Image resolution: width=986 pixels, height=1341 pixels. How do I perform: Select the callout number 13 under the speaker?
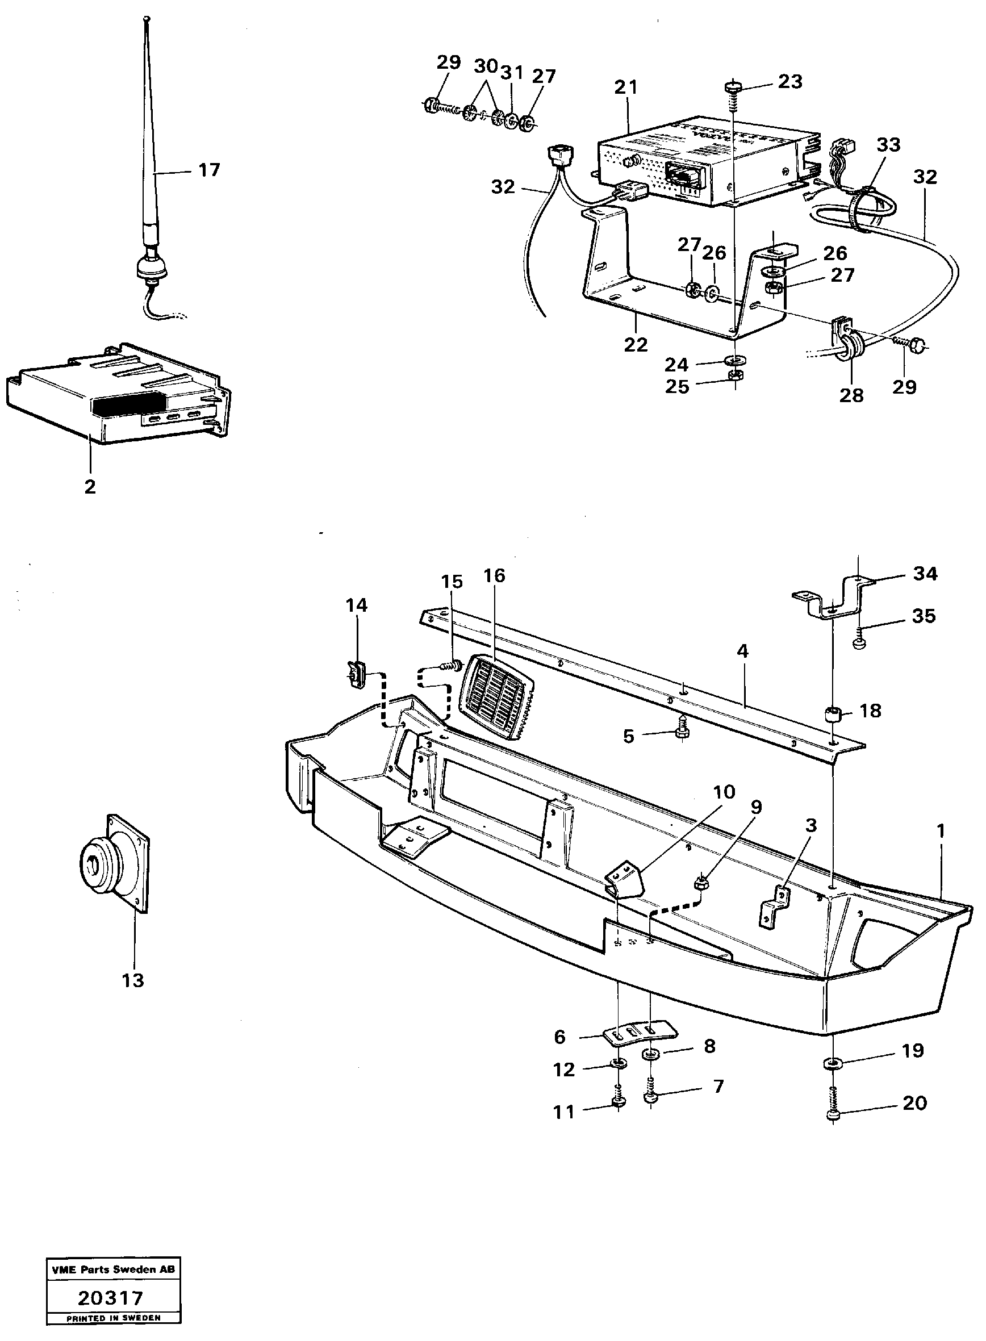pyautogui.click(x=133, y=980)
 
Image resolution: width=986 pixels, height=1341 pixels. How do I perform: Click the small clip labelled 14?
pyautogui.click(x=356, y=675)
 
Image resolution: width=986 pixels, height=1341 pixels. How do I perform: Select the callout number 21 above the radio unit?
pyautogui.click(x=626, y=87)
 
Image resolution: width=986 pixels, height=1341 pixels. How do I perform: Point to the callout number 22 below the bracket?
pyautogui.click(x=636, y=344)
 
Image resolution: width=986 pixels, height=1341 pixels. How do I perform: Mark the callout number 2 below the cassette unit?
pyautogui.click(x=90, y=486)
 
